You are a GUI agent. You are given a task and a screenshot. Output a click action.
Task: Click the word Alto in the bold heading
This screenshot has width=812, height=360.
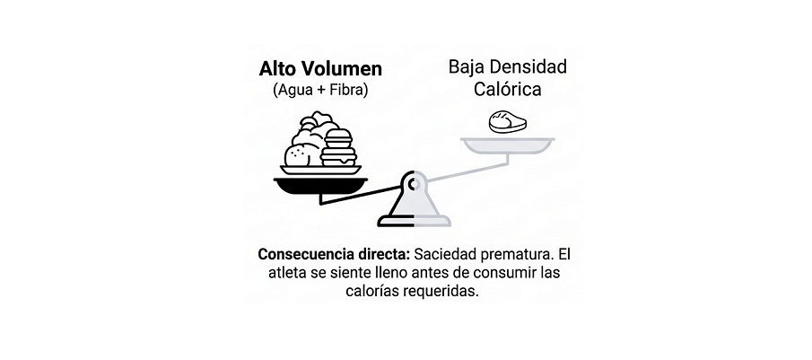(x=279, y=69)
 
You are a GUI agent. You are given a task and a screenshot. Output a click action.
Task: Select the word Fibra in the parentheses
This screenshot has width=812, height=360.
(x=347, y=90)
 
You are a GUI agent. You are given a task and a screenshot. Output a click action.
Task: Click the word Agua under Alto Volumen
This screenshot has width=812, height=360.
(x=293, y=91)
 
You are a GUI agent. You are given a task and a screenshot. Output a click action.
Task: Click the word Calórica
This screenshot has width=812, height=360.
(x=508, y=89)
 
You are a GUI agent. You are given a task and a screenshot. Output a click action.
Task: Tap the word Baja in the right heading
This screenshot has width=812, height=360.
(x=467, y=66)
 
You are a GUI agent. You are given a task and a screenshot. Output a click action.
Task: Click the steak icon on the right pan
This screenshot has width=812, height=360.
(x=508, y=122)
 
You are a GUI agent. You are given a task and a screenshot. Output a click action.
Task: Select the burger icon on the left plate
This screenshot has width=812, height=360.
(x=337, y=147)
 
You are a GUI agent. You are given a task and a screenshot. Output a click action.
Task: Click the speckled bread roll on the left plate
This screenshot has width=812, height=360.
(x=299, y=154)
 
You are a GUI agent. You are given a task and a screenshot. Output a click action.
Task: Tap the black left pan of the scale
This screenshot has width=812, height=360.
(x=320, y=185)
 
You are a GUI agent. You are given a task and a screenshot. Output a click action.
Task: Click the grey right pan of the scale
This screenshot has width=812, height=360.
(x=508, y=145)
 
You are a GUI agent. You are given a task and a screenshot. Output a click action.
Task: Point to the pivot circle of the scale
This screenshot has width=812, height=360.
(x=414, y=183)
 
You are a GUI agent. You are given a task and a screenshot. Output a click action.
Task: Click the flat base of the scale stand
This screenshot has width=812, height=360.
(x=414, y=221)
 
